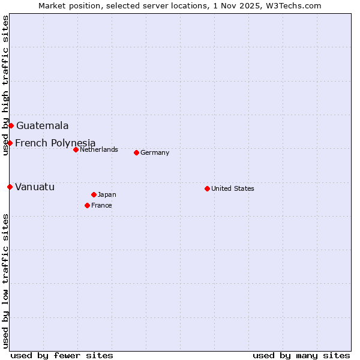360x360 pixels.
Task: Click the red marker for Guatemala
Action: (x=11, y=125)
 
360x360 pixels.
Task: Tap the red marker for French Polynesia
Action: (x=10, y=143)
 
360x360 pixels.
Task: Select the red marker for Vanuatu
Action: (x=10, y=187)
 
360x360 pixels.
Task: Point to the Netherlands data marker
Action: (x=76, y=149)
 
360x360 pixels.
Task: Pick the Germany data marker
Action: (x=136, y=152)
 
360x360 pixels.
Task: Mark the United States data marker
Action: (x=207, y=188)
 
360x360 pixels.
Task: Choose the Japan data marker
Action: (x=94, y=194)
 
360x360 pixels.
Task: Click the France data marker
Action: (x=87, y=205)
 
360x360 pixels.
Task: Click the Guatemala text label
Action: (x=42, y=125)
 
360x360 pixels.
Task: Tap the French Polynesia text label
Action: (x=55, y=143)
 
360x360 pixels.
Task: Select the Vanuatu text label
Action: (x=35, y=187)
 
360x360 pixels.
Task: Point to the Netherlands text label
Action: (x=99, y=149)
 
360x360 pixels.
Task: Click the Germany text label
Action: (x=155, y=152)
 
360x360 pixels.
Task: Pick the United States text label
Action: (x=233, y=188)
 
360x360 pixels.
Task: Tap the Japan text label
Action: (x=107, y=194)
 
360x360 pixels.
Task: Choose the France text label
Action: (x=101, y=205)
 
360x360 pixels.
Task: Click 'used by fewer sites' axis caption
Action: (x=62, y=355)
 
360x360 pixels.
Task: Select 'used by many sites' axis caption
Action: (x=301, y=355)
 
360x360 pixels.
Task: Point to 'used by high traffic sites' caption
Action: (x=5, y=85)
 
